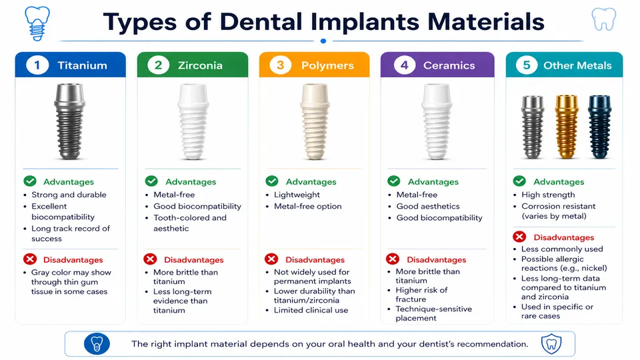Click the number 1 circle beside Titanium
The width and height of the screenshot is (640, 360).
37,65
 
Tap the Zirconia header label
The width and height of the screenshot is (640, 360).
200,65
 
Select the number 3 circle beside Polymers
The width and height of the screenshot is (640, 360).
281,65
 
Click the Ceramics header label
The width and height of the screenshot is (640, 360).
449,65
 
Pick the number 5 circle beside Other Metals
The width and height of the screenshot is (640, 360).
527,65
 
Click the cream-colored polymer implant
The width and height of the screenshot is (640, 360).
314,123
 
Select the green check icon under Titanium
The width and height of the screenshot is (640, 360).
29,181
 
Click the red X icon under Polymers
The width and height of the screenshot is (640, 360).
271,259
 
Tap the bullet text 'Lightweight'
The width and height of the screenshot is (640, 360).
297,195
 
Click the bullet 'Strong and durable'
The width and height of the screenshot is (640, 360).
69,195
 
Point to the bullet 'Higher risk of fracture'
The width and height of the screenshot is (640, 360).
421,295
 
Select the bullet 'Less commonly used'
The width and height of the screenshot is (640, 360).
562,249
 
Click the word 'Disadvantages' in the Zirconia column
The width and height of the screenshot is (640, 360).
194,259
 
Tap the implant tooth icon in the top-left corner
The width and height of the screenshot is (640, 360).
37,23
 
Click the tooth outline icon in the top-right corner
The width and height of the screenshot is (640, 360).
603,19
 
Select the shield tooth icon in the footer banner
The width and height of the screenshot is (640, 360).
551,344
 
